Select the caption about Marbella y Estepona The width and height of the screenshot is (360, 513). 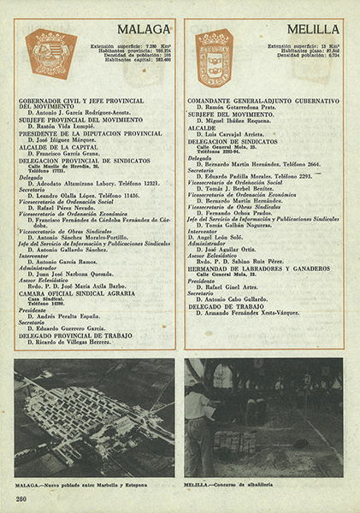click(81, 484)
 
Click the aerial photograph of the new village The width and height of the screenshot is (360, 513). click(94, 416)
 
